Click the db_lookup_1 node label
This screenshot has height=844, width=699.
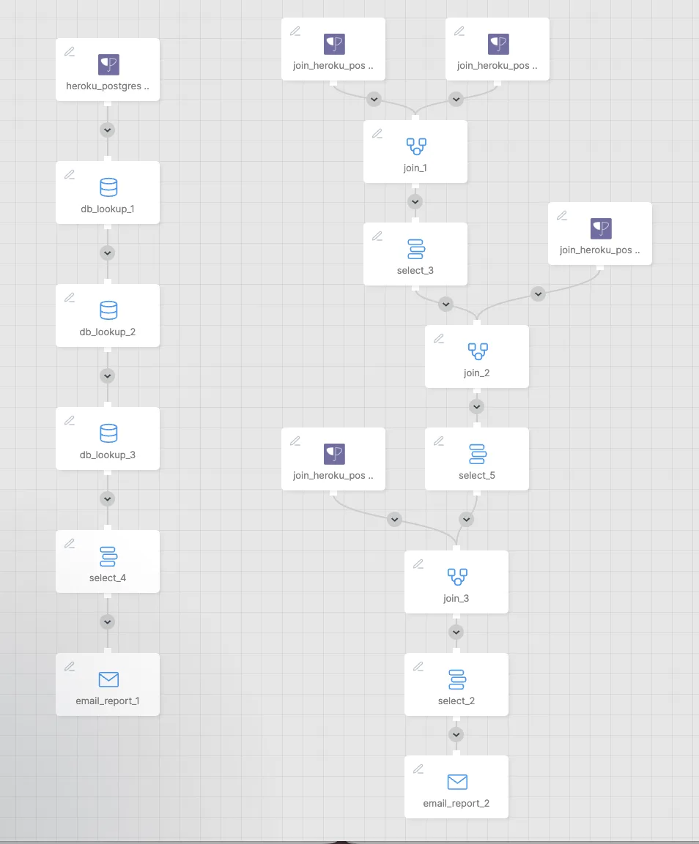click(108, 209)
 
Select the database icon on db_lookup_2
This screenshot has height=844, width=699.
click(108, 310)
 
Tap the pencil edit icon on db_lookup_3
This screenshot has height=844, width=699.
click(70, 420)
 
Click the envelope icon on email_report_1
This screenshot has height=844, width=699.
click(108, 679)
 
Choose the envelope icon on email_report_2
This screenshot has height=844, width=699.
click(457, 782)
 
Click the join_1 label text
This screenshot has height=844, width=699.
click(415, 168)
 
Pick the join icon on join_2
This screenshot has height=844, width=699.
click(478, 351)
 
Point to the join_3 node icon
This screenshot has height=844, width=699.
click(457, 577)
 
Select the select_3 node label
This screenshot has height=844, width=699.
click(415, 270)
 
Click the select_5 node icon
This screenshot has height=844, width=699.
click(478, 454)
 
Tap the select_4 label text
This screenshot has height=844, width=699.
click(108, 578)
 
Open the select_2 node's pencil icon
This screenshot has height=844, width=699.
click(418, 666)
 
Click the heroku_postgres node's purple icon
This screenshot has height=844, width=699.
click(108, 64)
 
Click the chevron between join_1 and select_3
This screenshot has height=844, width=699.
click(415, 202)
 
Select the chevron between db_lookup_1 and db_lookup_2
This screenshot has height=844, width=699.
click(108, 253)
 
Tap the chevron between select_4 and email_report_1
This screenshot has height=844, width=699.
click(108, 622)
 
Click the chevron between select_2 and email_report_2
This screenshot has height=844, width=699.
click(456, 735)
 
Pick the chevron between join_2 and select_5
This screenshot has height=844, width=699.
click(476, 407)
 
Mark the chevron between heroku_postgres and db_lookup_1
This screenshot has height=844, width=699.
click(108, 130)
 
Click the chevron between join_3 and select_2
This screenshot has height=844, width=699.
click(456, 632)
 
